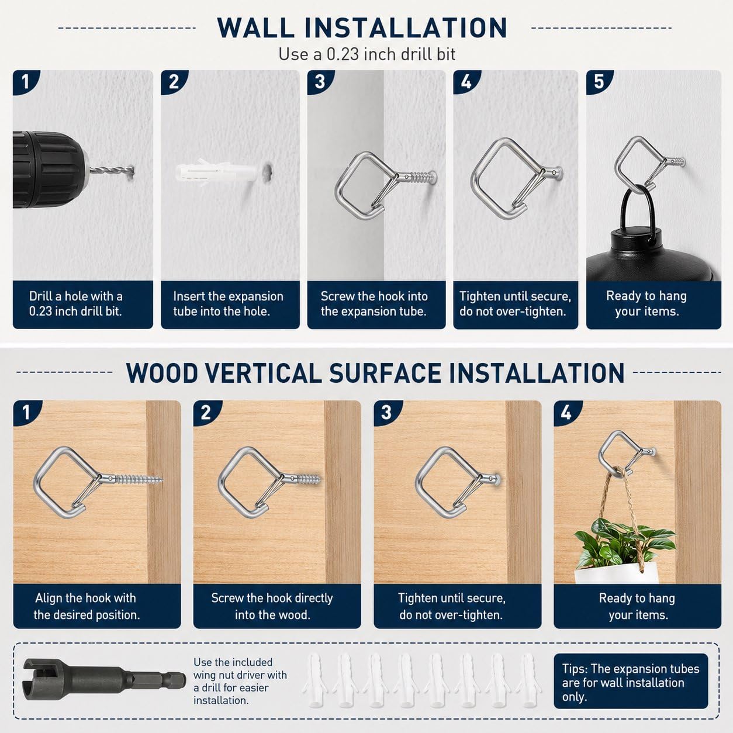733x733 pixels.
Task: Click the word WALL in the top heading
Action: pyautogui.click(x=255, y=27)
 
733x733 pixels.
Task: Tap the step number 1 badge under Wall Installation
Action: pyautogui.click(x=25, y=81)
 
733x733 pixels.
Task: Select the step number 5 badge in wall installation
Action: pyautogui.click(x=599, y=81)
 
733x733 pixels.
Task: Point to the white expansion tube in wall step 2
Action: pyautogui.click(x=217, y=173)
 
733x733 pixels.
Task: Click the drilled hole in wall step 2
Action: pyautogui.click(x=268, y=171)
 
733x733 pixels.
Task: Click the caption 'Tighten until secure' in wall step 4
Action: pyautogui.click(x=515, y=296)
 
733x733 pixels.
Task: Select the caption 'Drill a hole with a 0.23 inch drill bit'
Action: pyautogui.click(x=75, y=303)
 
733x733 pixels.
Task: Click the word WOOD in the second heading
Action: pyautogui.click(x=161, y=373)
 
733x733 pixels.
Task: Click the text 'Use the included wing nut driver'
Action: pyautogui.click(x=240, y=669)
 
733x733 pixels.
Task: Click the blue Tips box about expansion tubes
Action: pyautogui.click(x=631, y=681)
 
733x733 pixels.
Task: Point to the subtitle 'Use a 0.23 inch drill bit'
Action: pyautogui.click(x=366, y=54)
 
